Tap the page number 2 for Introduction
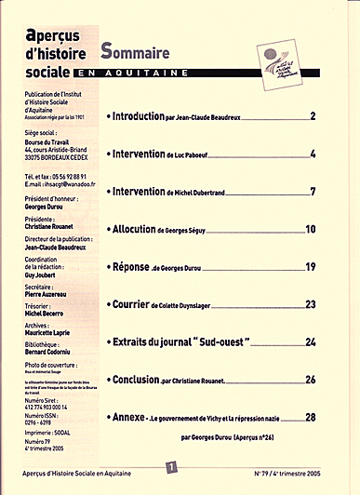pos(313,116)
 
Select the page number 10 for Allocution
pos(311,229)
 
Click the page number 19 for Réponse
pos(311,267)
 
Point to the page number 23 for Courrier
pos(311,304)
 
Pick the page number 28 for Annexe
pos(311,419)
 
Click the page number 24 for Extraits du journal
pos(311,342)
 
